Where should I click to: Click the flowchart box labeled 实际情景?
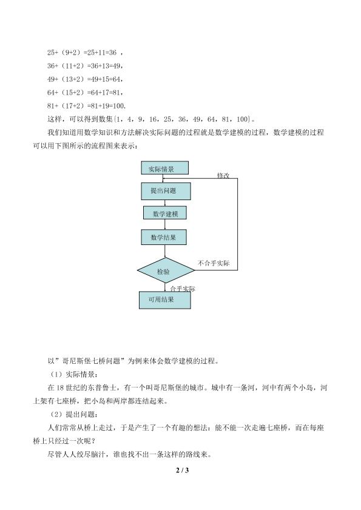pyautogui.click(x=164, y=168)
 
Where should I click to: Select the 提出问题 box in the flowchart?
pyautogui.click(x=166, y=191)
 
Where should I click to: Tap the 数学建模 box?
pyautogui.click(x=165, y=213)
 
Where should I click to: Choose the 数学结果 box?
pyautogui.click(x=164, y=237)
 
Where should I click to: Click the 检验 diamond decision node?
pyautogui.click(x=166, y=270)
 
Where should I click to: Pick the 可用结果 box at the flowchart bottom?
pyautogui.click(x=164, y=300)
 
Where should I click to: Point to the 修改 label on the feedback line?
pyautogui.click(x=223, y=175)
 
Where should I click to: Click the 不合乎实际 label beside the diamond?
pyautogui.click(x=214, y=263)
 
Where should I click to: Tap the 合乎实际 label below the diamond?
pyautogui.click(x=183, y=289)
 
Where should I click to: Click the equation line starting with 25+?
pyautogui.click(x=85, y=52)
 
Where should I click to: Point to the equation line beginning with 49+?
pyautogui.click(x=85, y=79)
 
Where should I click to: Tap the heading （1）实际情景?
pyautogui.click(x=72, y=374)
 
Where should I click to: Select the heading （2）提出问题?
pyautogui.click(x=72, y=414)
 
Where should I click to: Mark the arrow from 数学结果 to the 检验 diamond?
pyautogui.click(x=165, y=252)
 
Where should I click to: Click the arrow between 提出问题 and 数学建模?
pyautogui.click(x=165, y=203)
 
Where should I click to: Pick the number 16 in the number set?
pyautogui.click(x=153, y=119)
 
